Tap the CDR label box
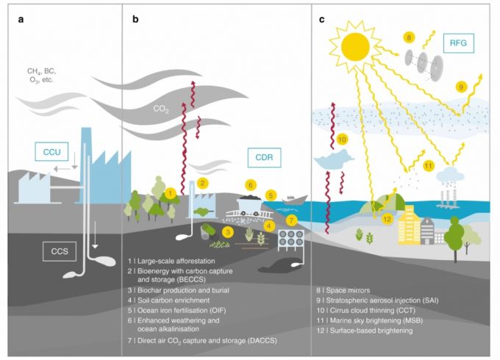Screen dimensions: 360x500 (264, 156)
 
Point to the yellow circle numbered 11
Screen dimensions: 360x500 (429, 166)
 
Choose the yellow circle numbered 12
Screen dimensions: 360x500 (387, 218)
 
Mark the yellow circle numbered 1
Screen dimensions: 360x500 (170, 193)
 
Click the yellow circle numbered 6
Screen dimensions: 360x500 (251, 184)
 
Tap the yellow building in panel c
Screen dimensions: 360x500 (410, 225)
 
